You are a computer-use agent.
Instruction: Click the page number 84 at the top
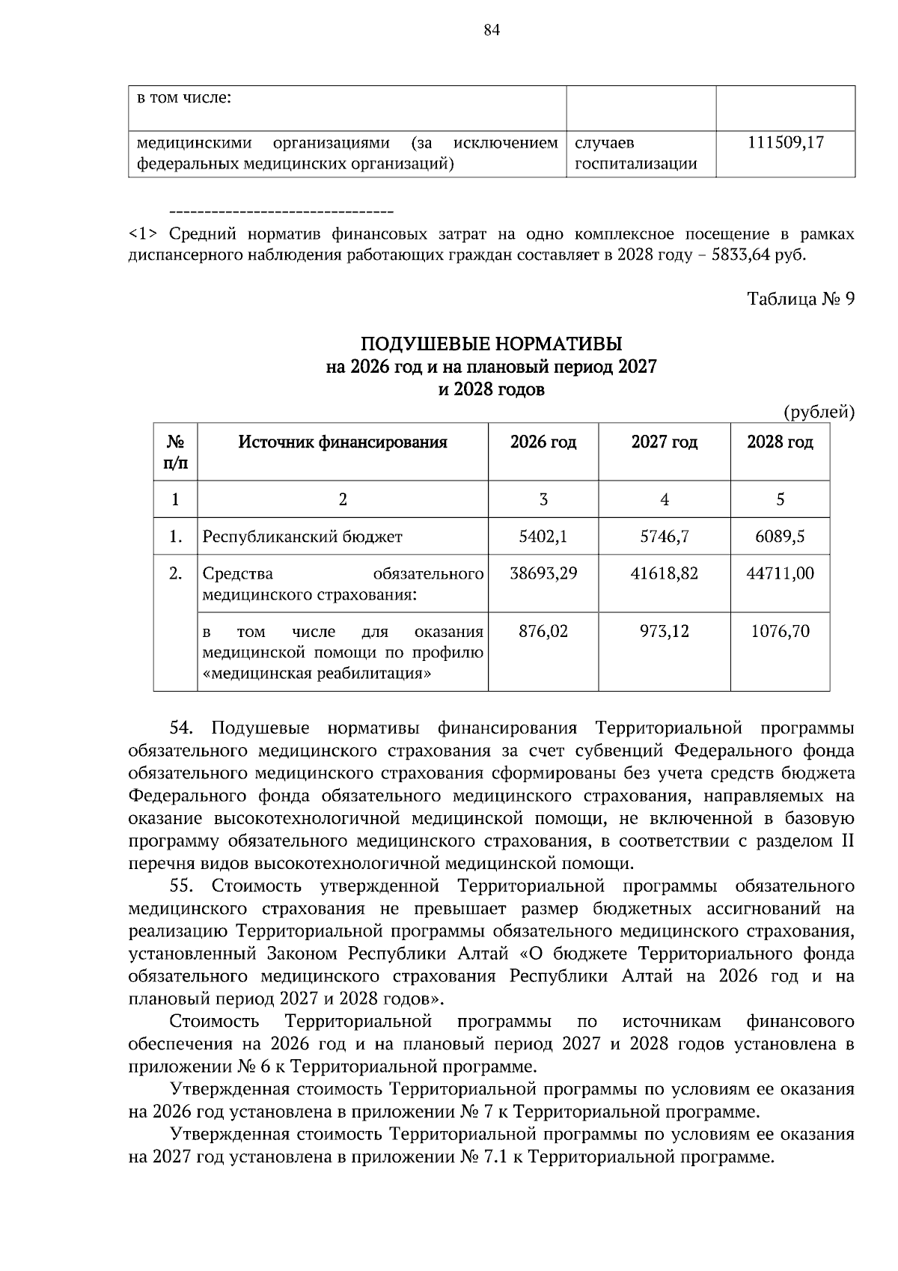492,30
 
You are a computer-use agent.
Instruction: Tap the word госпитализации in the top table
635,164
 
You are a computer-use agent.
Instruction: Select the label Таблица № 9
801,299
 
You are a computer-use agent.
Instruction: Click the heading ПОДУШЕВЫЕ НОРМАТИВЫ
492,344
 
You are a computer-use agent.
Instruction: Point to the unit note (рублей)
819,412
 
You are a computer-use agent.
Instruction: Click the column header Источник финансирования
343,442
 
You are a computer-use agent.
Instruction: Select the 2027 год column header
664,442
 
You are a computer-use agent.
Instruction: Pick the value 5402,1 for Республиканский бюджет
543,537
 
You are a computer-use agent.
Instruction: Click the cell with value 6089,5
780,537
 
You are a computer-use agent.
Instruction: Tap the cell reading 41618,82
664,573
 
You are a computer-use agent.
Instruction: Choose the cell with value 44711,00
780,573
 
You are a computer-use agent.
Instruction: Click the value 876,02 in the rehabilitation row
543,631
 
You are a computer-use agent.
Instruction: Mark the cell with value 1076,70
780,631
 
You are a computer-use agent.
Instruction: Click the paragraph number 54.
182,728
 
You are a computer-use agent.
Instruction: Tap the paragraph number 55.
182,886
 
